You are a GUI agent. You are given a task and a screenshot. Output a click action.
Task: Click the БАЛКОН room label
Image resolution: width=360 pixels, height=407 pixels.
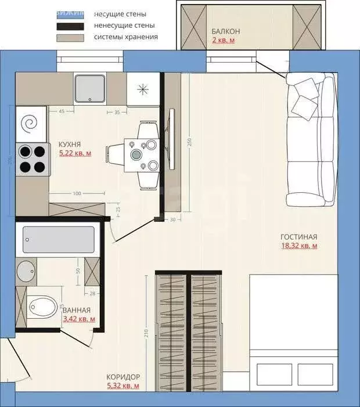(226, 31)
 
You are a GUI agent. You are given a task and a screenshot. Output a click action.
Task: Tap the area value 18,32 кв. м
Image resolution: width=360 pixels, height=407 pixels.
(298, 246)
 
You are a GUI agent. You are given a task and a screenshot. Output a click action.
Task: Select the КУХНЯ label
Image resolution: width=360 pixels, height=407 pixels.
(70, 144)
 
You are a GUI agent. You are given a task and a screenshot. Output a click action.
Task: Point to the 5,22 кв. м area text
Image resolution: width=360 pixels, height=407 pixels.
(75, 153)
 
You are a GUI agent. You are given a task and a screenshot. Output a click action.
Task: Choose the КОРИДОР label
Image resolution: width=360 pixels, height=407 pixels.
(123, 376)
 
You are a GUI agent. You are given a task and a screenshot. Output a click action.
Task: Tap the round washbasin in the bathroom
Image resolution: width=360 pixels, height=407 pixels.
(26, 270)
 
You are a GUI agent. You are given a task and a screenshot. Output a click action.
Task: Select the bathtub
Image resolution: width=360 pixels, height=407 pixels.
(58, 239)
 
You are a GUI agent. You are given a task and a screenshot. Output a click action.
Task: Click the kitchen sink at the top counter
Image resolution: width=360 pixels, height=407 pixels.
(91, 87)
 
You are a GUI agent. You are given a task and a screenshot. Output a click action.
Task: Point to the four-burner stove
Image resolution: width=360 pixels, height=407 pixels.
(32, 159)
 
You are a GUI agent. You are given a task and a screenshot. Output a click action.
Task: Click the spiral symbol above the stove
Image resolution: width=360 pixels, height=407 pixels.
(30, 123)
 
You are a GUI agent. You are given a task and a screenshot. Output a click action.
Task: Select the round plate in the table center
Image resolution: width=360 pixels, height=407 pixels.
(136, 154)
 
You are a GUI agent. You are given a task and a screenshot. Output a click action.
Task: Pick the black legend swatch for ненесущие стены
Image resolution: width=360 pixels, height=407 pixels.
(70, 26)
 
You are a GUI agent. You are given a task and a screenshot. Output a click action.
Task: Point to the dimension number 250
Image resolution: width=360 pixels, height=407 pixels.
(189, 142)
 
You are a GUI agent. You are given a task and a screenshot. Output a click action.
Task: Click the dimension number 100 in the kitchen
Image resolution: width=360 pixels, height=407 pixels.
(77, 193)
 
